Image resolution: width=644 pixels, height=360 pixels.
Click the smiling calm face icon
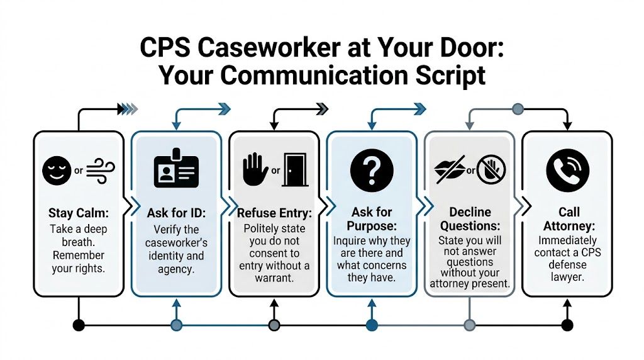click(56, 170)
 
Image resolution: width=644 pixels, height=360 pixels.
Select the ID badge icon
click(176, 169)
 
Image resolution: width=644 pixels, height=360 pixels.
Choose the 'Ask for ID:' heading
click(176, 213)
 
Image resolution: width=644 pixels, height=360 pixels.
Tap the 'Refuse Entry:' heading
click(274, 213)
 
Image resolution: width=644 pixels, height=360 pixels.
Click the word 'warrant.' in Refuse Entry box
click(274, 278)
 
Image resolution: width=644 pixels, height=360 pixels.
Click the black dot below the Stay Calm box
click(79, 325)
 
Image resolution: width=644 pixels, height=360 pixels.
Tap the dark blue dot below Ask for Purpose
click(372, 325)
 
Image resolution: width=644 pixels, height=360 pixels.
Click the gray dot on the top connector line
click(518, 109)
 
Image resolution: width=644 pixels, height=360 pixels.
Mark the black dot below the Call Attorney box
click(567, 325)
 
